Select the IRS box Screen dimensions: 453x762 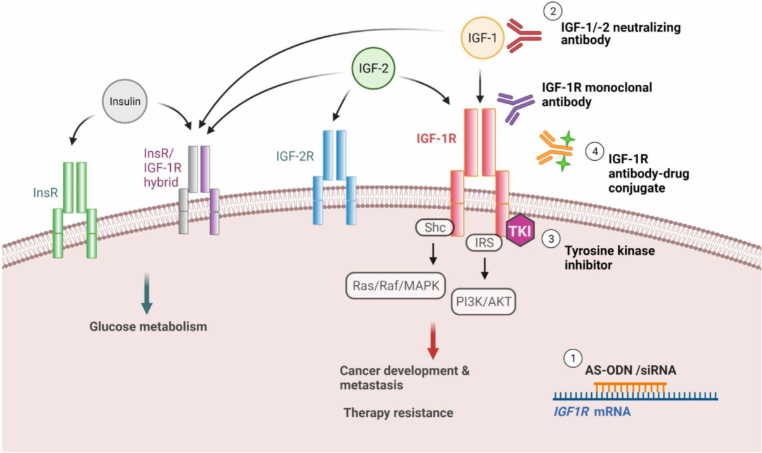pos(484,242)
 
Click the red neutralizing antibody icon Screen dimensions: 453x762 pos(521,37)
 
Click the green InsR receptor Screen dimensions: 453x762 pos(75,210)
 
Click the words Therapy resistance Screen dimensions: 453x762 pos(398,413)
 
